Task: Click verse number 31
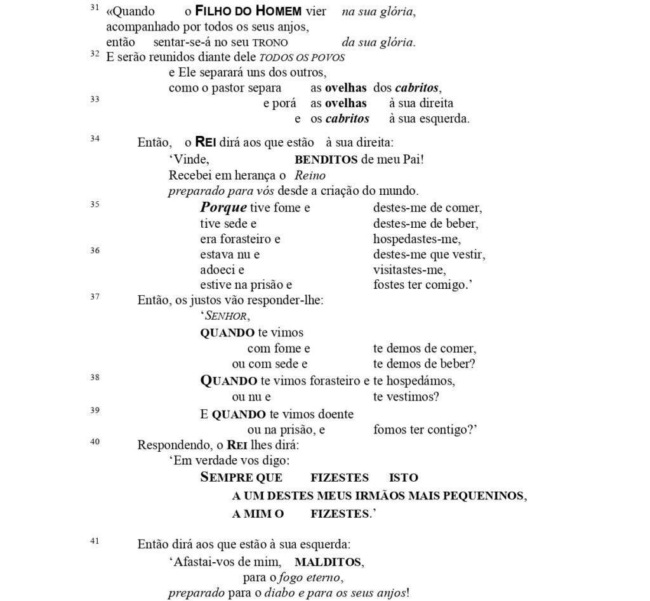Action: (x=95, y=8)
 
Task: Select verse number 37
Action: (x=95, y=296)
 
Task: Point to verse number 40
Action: (x=95, y=442)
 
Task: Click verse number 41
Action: (x=95, y=541)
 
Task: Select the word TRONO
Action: (x=270, y=43)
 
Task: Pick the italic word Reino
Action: (x=310, y=175)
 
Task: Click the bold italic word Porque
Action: (x=223, y=208)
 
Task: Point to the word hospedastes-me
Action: (x=417, y=239)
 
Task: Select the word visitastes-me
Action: (x=409, y=270)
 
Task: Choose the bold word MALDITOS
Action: (x=328, y=562)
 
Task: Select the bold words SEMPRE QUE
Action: (x=241, y=478)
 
